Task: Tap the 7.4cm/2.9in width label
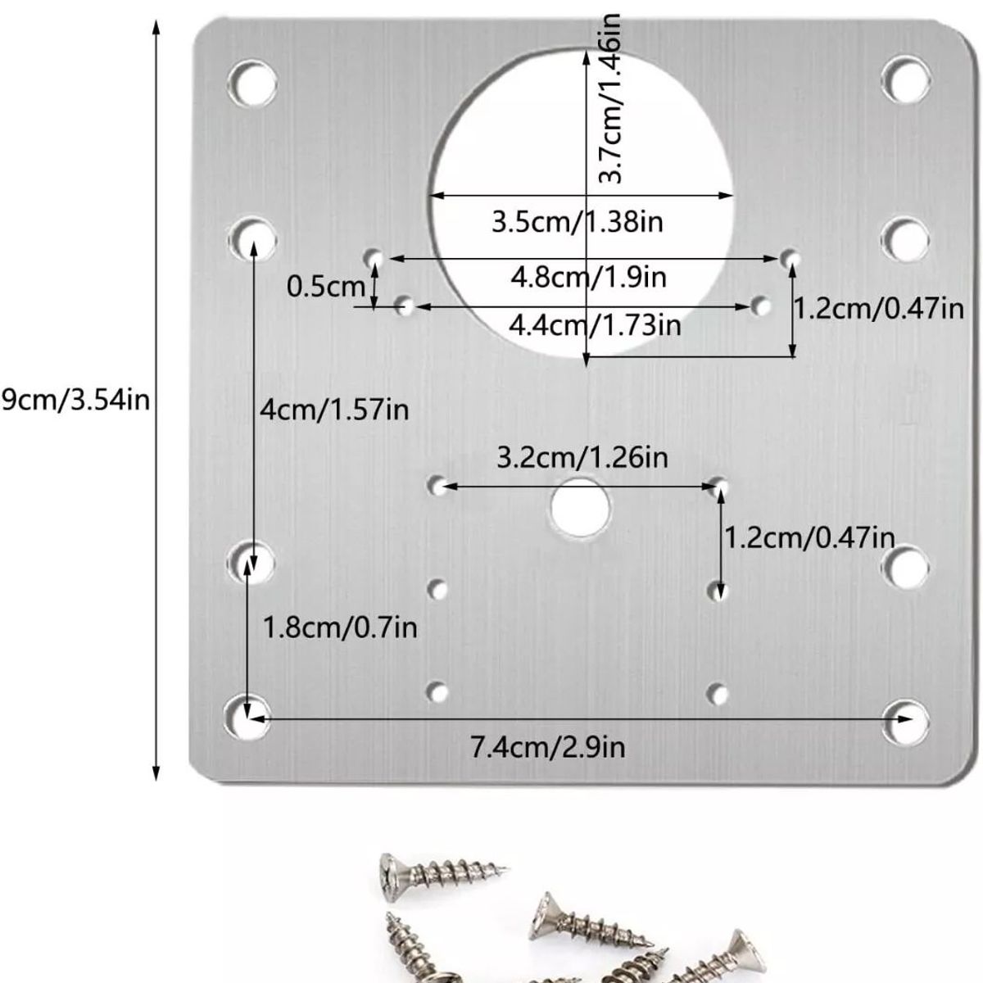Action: pos(547,747)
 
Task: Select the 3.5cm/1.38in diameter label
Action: pos(577,222)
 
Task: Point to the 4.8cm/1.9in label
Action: pos(588,277)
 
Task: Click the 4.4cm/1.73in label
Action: pos(595,325)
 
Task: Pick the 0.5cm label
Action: pos(325,287)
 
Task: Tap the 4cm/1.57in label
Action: pos(333,409)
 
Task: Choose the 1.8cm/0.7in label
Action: pos(339,627)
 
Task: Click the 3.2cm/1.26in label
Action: pos(582,456)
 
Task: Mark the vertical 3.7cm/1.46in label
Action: pos(610,98)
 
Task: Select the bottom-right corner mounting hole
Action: pos(908,721)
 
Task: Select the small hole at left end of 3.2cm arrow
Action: pos(438,485)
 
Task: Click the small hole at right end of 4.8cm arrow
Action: pos(790,259)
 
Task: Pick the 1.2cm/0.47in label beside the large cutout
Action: pos(878,309)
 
